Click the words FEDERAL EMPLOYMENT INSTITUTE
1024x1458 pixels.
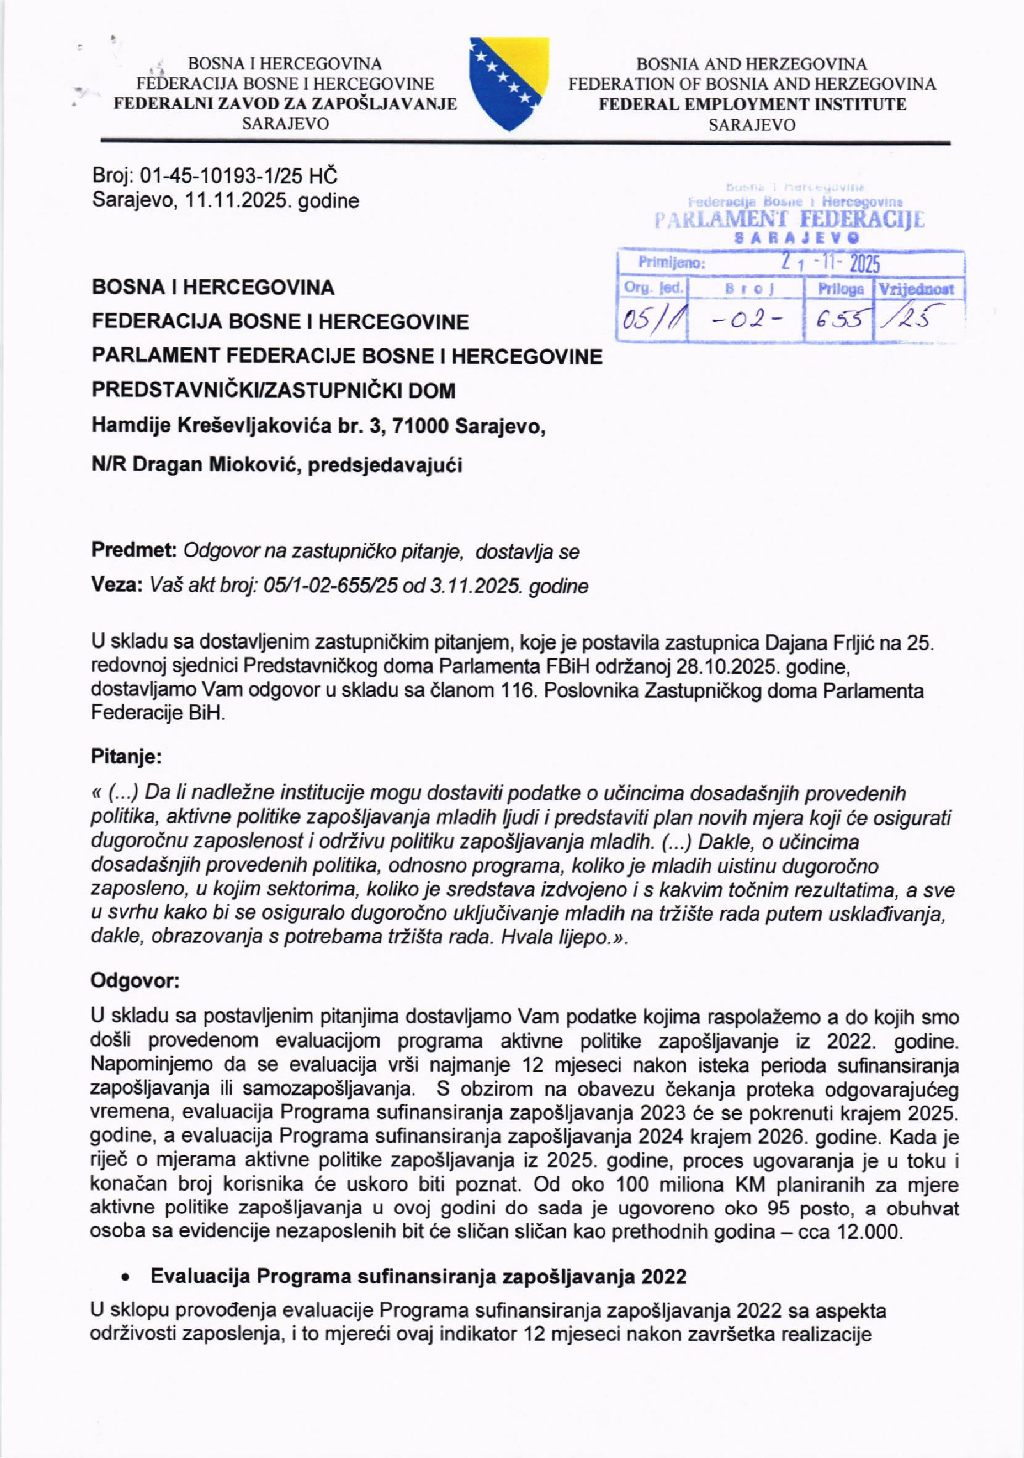[753, 105]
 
